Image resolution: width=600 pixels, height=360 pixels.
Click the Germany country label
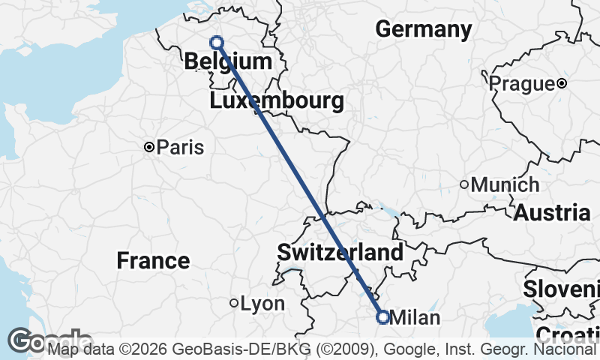coord(424,29)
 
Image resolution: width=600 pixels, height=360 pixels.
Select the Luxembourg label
coord(277,100)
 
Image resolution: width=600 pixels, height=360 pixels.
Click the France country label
coord(153,261)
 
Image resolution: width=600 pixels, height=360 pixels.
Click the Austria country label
coord(552,212)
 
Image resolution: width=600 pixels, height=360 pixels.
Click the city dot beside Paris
coord(149,148)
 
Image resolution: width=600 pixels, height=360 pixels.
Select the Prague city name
coord(521,83)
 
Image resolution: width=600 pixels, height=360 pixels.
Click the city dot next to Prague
coord(561,83)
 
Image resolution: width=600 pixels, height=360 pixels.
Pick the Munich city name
coord(505,184)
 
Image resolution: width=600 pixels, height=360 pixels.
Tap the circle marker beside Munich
coord(464,184)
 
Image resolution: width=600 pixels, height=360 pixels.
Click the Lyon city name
coord(262,304)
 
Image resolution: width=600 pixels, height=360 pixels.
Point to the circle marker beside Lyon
coord(234,304)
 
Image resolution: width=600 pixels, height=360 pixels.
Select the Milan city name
coord(415,317)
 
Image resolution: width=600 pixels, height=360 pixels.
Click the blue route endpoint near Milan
coord(382,317)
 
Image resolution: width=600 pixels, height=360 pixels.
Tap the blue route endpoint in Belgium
coord(217,43)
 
